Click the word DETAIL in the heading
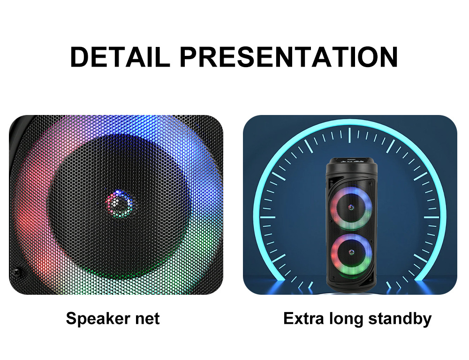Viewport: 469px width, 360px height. point(120,57)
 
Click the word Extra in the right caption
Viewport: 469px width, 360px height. point(303,318)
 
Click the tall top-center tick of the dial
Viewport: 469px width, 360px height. point(349,135)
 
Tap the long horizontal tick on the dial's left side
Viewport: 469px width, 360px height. point(267,217)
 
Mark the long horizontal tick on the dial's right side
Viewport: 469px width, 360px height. point(431,217)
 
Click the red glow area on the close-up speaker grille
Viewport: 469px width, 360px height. point(29,218)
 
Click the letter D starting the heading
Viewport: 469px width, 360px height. point(79,57)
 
